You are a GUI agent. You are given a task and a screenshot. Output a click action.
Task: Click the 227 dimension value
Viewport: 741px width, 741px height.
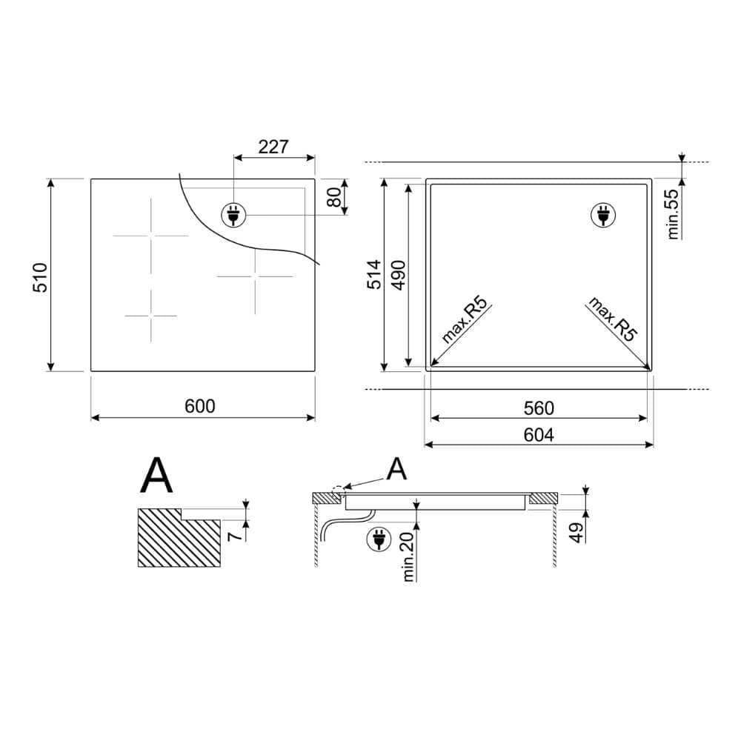pos(273,147)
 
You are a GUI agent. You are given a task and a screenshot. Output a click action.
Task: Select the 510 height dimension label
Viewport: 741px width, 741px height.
pos(41,277)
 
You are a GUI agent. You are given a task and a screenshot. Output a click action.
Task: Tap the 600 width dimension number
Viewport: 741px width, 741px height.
pos(200,406)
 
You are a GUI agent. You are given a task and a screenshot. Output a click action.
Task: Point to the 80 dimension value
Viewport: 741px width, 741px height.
pos(335,198)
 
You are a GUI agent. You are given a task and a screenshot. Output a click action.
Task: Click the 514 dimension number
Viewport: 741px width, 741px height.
pos(373,274)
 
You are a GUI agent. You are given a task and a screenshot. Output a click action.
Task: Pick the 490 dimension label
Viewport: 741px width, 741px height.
pos(399,275)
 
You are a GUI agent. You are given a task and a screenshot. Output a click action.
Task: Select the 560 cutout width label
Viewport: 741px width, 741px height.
pos(539,408)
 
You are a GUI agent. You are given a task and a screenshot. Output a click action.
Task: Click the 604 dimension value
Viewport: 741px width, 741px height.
pos(539,435)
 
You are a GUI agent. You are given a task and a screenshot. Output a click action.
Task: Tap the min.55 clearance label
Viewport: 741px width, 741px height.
pos(673,213)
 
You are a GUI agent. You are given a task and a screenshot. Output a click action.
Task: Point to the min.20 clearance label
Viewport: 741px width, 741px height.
pos(408,555)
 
